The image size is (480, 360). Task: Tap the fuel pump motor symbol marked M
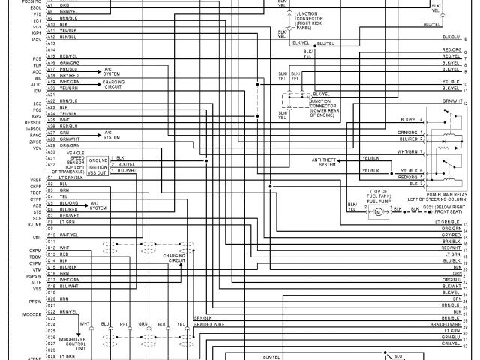378,211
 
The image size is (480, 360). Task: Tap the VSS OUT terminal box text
98,172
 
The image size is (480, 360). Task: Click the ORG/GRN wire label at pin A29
69,145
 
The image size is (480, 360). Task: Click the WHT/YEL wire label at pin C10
68,235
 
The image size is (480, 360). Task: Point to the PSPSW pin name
34,276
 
